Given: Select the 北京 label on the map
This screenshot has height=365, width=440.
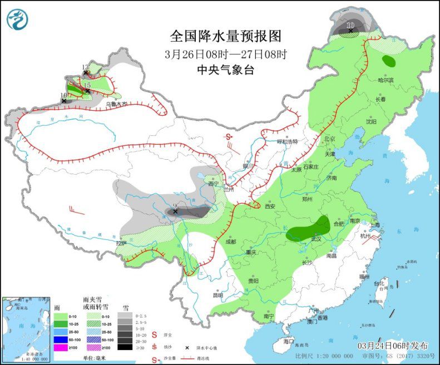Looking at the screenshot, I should pyautogui.click(x=330, y=139).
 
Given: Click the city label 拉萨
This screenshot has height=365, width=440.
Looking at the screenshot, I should pyautogui.click(x=122, y=243).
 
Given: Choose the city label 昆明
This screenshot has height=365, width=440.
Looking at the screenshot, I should pyautogui.click(x=217, y=295).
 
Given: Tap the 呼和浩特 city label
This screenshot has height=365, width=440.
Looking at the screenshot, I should pyautogui.click(x=288, y=141).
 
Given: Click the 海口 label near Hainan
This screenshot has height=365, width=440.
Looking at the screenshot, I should pyautogui.click(x=288, y=341).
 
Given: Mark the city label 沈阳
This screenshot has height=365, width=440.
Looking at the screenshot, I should pyautogui.click(x=370, y=121).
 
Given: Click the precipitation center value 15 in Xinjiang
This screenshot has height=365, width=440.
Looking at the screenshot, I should pyautogui.click(x=87, y=85).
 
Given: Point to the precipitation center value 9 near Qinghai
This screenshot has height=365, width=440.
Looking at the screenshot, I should pyautogui.click(x=175, y=206).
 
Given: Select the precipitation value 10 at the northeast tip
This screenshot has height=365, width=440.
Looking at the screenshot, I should pyautogui.click(x=350, y=25).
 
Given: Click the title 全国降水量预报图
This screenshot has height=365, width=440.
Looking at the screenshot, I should pyautogui.click(x=225, y=37).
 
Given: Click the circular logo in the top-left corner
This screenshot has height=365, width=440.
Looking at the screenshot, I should pyautogui.click(x=18, y=19).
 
